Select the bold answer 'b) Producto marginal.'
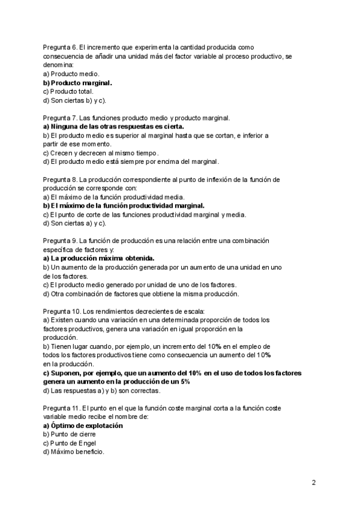(77, 82)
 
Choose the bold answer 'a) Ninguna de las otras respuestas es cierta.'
(113, 127)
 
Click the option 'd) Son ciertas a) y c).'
(74, 223)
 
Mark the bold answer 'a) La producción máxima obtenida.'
(99, 258)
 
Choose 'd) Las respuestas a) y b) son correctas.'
(102, 390)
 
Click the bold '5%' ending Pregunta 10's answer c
(185, 382)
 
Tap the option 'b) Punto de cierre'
(70, 434)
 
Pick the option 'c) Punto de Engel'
(70, 443)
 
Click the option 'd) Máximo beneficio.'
(74, 452)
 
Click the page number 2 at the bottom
(314, 482)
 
